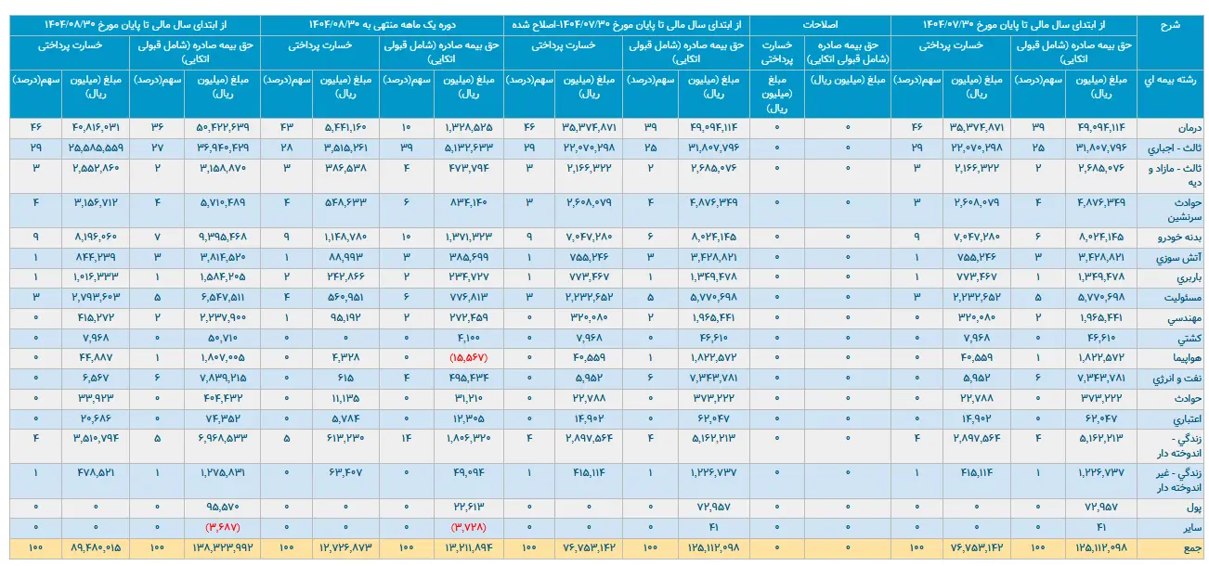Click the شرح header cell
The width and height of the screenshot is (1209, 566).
[x=1171, y=25]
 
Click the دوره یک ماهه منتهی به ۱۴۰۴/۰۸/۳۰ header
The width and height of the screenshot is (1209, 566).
[x=383, y=25]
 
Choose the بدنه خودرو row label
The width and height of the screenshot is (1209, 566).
[x=1176, y=237]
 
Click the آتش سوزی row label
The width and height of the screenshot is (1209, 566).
[x=1179, y=257]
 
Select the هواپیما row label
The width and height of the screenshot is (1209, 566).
[x=1184, y=357]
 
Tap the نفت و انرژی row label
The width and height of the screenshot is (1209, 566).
[x=1176, y=378]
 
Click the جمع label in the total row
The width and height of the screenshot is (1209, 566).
[x=1191, y=549]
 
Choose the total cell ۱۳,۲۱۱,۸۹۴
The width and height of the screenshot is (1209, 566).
[x=466, y=549]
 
